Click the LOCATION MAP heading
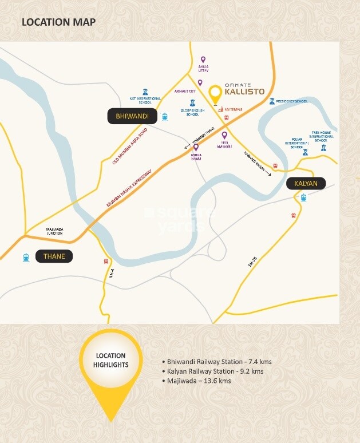pos(58,22)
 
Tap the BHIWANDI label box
pos(132,117)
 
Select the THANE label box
pos(54,257)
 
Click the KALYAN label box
pos(306,184)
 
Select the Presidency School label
pos(292,101)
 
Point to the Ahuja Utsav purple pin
pos(202,60)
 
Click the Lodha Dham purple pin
pos(196,147)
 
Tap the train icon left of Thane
pos(26,257)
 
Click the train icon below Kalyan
pos(303,198)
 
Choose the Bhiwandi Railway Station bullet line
pos(217,362)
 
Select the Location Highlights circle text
pos(111,360)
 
